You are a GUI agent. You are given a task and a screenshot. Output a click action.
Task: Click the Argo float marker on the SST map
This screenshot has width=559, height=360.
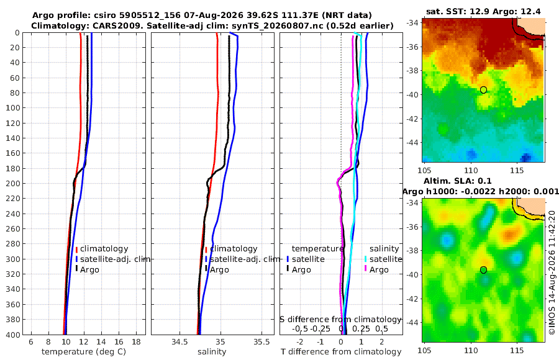click(483, 90)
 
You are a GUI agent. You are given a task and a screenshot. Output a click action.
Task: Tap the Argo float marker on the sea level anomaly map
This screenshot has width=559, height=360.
click(483, 270)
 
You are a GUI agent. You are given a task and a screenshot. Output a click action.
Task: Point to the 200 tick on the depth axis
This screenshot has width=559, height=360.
click(13, 183)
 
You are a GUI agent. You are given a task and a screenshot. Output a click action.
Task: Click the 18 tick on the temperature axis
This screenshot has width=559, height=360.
click(136, 342)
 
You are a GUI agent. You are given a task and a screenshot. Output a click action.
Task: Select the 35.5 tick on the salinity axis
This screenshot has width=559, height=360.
click(261, 342)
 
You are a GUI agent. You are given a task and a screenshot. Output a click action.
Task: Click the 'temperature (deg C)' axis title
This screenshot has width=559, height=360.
click(84, 352)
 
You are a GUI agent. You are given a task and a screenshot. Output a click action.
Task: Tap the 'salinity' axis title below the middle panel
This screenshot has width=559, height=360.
click(212, 352)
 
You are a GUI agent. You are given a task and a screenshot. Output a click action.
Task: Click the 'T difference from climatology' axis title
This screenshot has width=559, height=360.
click(341, 352)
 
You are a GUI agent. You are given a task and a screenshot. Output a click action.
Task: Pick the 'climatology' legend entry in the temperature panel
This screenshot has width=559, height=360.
click(104, 249)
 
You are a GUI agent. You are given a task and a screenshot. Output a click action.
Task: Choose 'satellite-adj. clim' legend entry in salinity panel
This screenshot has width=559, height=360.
click(245, 259)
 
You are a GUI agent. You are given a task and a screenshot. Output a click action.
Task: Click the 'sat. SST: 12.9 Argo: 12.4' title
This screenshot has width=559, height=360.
click(483, 11)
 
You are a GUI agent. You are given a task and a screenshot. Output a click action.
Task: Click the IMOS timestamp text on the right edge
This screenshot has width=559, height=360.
click(552, 272)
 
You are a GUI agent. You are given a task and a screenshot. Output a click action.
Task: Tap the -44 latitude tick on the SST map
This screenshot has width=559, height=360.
click(413, 143)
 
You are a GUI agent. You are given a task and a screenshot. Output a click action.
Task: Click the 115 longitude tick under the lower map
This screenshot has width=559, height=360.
click(517, 350)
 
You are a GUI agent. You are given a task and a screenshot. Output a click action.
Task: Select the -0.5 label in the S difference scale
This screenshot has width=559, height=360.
click(300, 328)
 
